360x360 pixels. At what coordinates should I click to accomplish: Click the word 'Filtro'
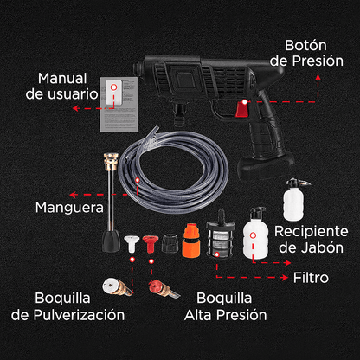tap(310, 279)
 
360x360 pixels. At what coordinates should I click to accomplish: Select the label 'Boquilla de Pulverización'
tap(67, 306)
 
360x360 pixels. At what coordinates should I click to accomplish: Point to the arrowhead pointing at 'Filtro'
tap(286, 279)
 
